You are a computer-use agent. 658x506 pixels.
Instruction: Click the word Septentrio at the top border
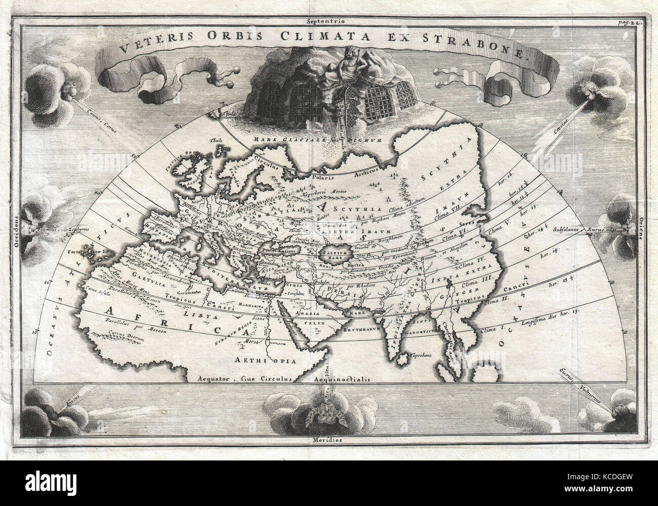pos(329,8)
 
